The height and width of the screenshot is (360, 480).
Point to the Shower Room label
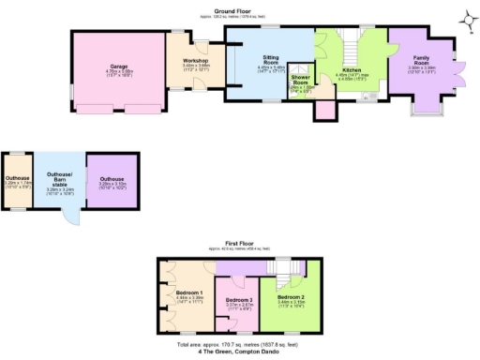click(x=302, y=81)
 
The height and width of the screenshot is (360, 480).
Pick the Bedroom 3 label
click(x=240, y=300)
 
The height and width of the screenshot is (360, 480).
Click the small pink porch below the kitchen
click(x=326, y=110)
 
